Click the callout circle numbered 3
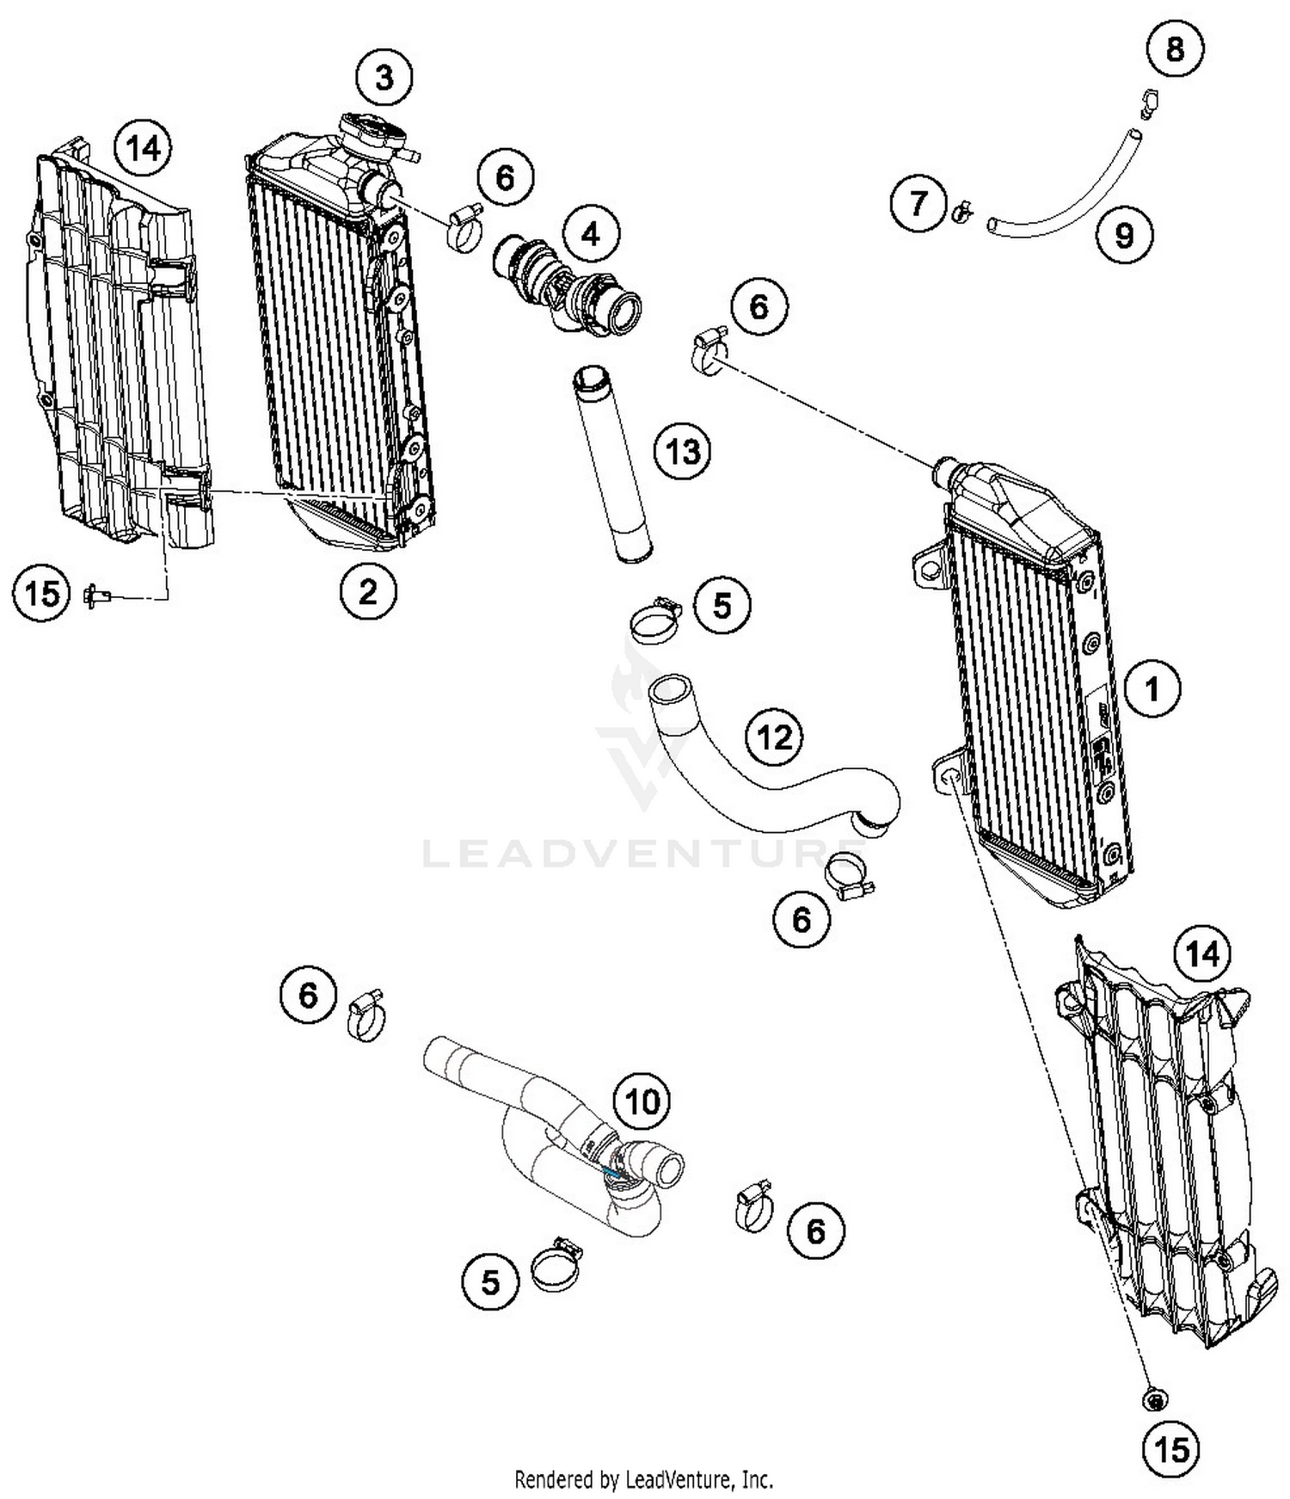click(384, 77)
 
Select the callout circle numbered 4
click(591, 233)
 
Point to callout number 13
click(683, 450)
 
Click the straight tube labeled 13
click(611, 466)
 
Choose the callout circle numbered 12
click(774, 737)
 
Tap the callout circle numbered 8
click(1175, 49)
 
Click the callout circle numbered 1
click(1152, 688)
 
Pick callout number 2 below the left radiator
click(368, 592)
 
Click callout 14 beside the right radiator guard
click(1202, 953)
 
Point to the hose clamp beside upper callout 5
click(656, 619)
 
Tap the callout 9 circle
click(1124, 235)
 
